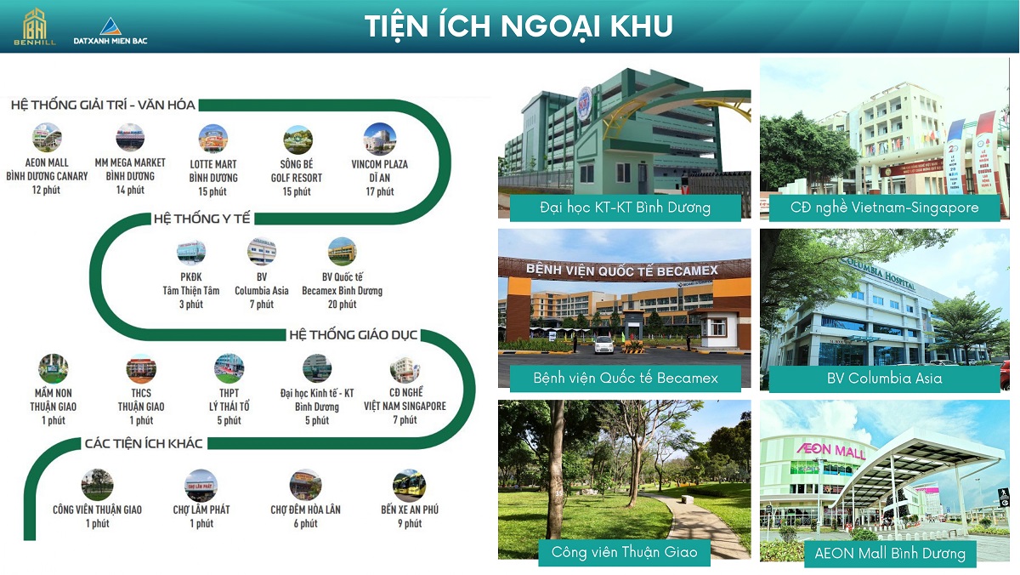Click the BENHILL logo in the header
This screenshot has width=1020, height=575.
[x=35, y=27]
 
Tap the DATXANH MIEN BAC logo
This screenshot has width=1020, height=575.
[x=110, y=31]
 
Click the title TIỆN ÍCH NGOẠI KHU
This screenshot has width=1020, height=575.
[x=518, y=26]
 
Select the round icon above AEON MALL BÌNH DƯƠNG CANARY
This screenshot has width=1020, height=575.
[x=47, y=137]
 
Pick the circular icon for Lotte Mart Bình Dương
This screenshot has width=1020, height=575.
[x=213, y=139]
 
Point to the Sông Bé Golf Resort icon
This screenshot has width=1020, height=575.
[x=297, y=139]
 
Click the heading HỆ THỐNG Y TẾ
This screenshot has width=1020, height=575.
[x=201, y=219]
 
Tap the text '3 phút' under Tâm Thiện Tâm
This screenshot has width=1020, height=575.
[x=191, y=304]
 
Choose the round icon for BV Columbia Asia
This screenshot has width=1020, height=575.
[x=262, y=251]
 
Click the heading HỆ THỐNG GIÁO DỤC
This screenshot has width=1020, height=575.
[x=354, y=335]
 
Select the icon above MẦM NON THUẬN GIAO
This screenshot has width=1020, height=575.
[x=54, y=368]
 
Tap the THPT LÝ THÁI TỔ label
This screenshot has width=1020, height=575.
[x=229, y=400]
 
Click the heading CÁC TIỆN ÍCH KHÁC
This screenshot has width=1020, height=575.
[x=144, y=443]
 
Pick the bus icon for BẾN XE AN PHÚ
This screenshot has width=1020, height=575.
[x=410, y=485]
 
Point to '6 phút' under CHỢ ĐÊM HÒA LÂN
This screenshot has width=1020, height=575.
[x=305, y=523]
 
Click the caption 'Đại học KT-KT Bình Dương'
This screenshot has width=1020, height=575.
[x=626, y=208]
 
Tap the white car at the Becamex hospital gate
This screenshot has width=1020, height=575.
[x=604, y=344]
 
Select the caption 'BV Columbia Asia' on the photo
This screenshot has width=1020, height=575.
[x=884, y=379]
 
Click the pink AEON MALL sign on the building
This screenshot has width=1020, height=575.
[x=830, y=450]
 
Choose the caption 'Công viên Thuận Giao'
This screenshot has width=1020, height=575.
[x=624, y=552]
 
